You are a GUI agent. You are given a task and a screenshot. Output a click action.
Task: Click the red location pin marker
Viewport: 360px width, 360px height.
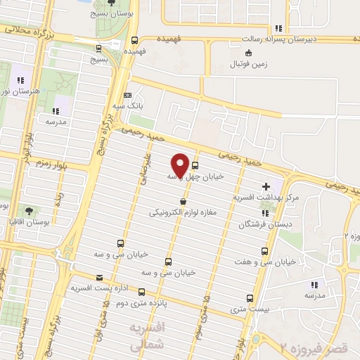pyautogui.click(x=180, y=165)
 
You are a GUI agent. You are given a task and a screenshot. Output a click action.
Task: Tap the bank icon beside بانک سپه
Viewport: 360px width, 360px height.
pyautogui.click(x=127, y=96)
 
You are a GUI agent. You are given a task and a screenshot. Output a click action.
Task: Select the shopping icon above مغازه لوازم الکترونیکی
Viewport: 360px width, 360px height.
pyautogui.click(x=184, y=201)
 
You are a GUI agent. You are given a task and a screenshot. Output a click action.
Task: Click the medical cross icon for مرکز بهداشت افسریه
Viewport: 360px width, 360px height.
pyautogui.click(x=266, y=187)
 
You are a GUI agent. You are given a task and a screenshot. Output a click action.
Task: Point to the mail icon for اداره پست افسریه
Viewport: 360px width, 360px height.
pyautogui.click(x=98, y=278)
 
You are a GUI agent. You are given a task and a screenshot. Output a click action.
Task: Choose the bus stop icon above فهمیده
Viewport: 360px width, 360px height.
pyautogui.click(x=134, y=41)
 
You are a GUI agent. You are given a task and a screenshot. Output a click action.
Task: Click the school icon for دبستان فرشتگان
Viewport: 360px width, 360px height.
pyautogui.click(x=264, y=214)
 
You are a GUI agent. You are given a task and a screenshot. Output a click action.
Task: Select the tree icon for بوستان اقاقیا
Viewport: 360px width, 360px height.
pyautogui.click(x=28, y=211)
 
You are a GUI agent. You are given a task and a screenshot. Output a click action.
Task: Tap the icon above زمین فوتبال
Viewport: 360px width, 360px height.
pyautogui.click(x=247, y=53)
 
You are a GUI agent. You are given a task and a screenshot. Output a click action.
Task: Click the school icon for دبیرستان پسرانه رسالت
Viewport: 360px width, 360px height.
pyautogui.click(x=278, y=28)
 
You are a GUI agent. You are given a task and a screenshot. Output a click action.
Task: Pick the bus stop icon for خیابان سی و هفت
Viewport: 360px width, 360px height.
pyautogui.click(x=264, y=251)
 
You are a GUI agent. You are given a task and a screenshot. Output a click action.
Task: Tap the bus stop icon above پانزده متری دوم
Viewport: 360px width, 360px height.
pyautogui.click(x=142, y=292)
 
